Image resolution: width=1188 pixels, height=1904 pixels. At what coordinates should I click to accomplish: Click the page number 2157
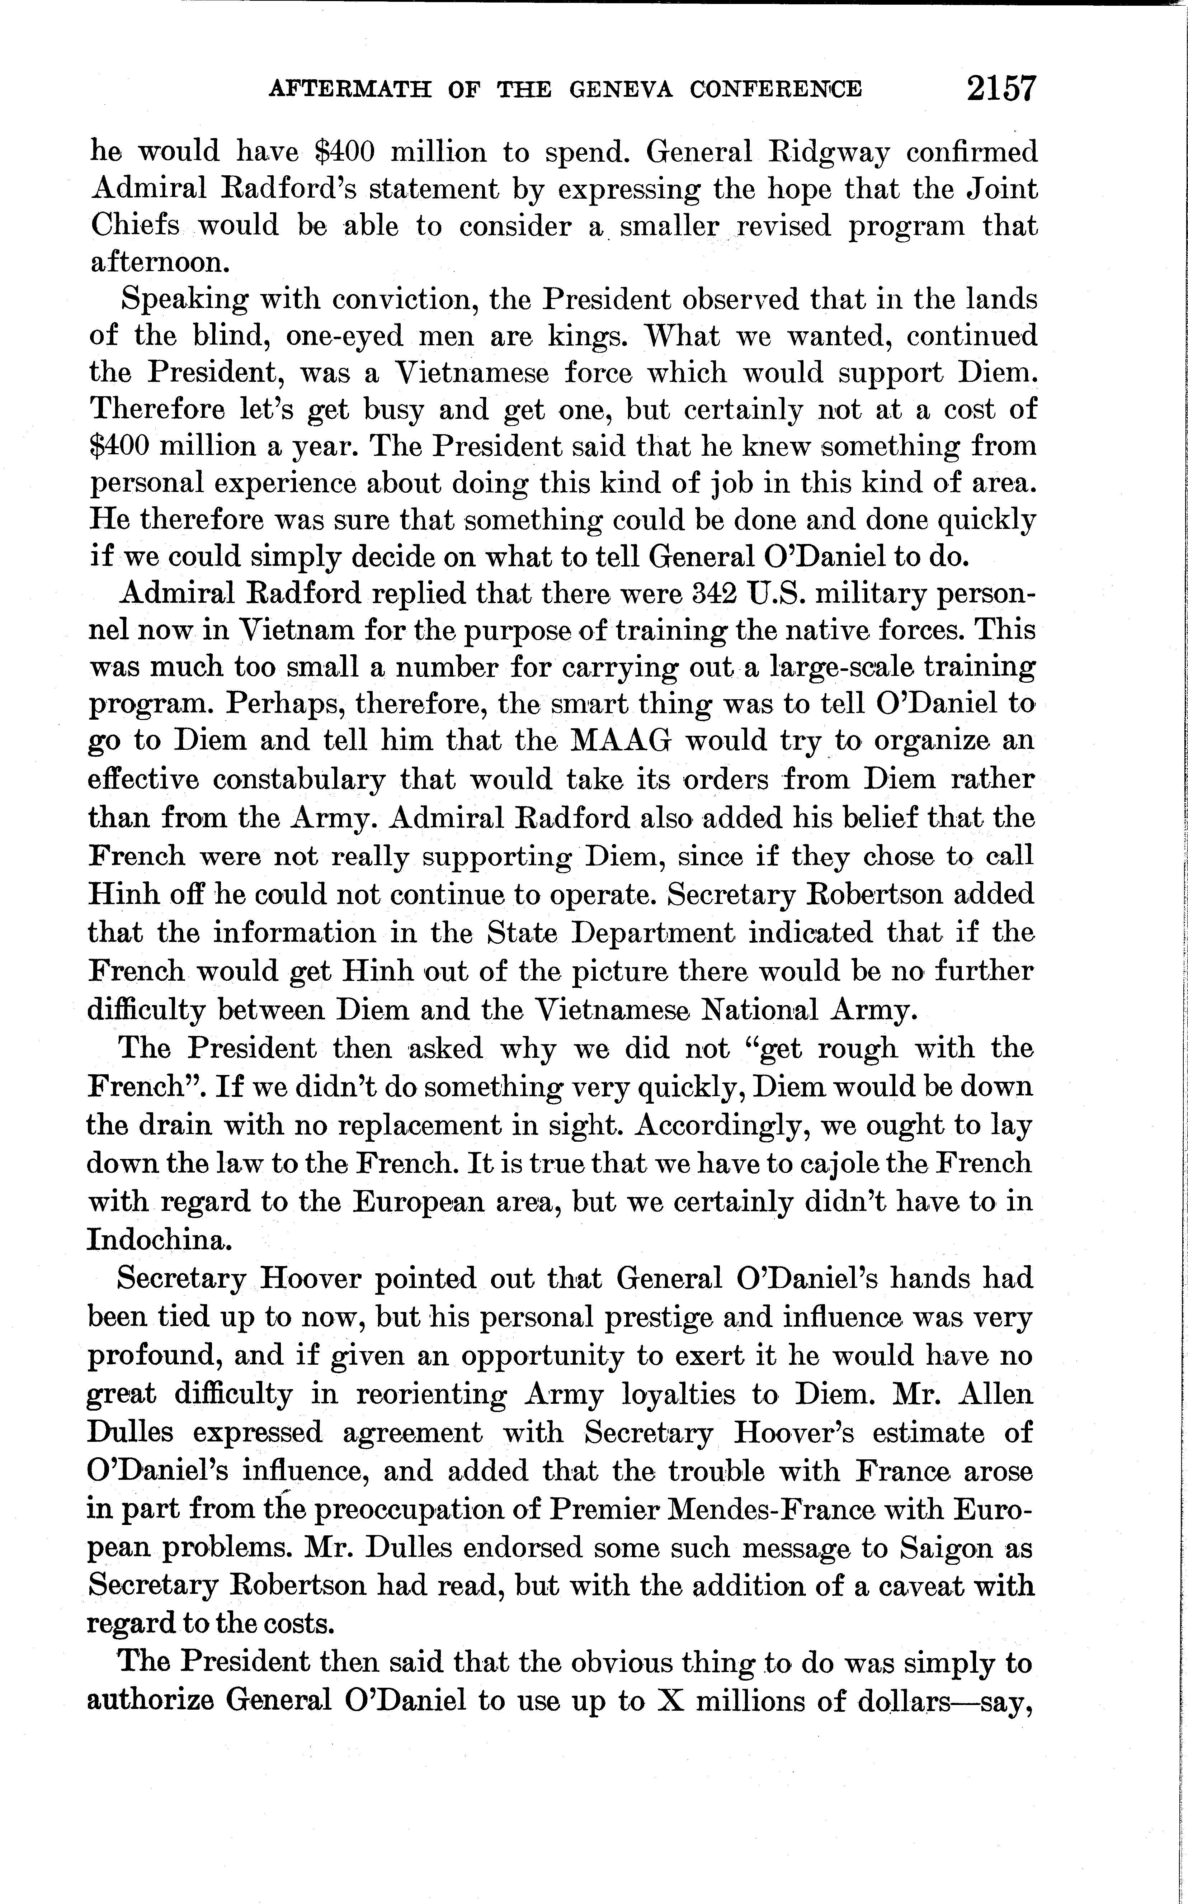click(1002, 89)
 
